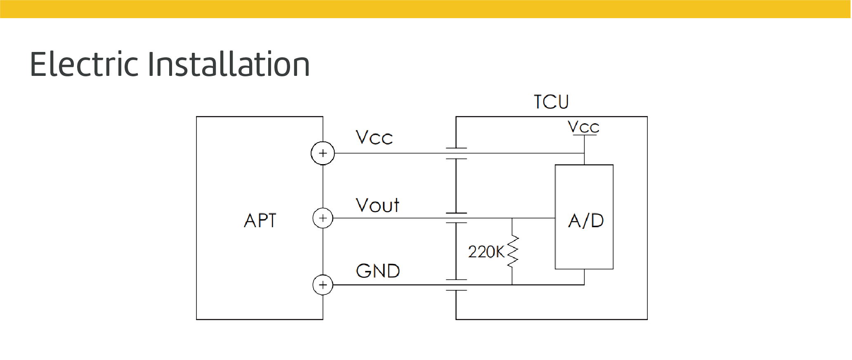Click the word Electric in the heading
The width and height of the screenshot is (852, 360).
tap(84, 64)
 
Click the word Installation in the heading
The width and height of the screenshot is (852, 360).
tap(228, 64)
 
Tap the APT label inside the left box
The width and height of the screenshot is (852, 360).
tap(260, 221)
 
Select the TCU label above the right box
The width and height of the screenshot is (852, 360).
tap(551, 102)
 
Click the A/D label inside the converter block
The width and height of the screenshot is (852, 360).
tap(586, 221)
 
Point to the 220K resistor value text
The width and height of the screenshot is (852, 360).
tap(486, 252)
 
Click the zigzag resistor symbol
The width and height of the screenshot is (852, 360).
tap(512, 252)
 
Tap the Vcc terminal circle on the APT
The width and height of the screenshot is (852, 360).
tap(323, 153)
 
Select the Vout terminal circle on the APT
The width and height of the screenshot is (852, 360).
tap(323, 218)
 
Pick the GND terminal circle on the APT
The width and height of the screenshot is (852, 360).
tap(323, 285)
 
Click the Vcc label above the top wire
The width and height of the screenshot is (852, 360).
tap(374, 138)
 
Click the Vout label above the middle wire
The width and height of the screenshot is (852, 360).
tap(378, 205)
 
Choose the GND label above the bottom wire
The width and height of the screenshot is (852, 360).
tap(378, 271)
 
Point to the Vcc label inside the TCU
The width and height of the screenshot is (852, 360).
tap(583, 127)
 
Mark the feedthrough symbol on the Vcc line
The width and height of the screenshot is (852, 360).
tap(456, 153)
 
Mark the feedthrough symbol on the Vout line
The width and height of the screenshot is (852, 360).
tap(456, 218)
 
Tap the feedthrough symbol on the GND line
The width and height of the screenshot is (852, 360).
tap(456, 285)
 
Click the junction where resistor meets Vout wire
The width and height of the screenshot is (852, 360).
tap(512, 218)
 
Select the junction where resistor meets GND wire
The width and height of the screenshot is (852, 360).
tap(512, 285)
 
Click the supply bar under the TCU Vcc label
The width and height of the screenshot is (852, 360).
tap(585, 135)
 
